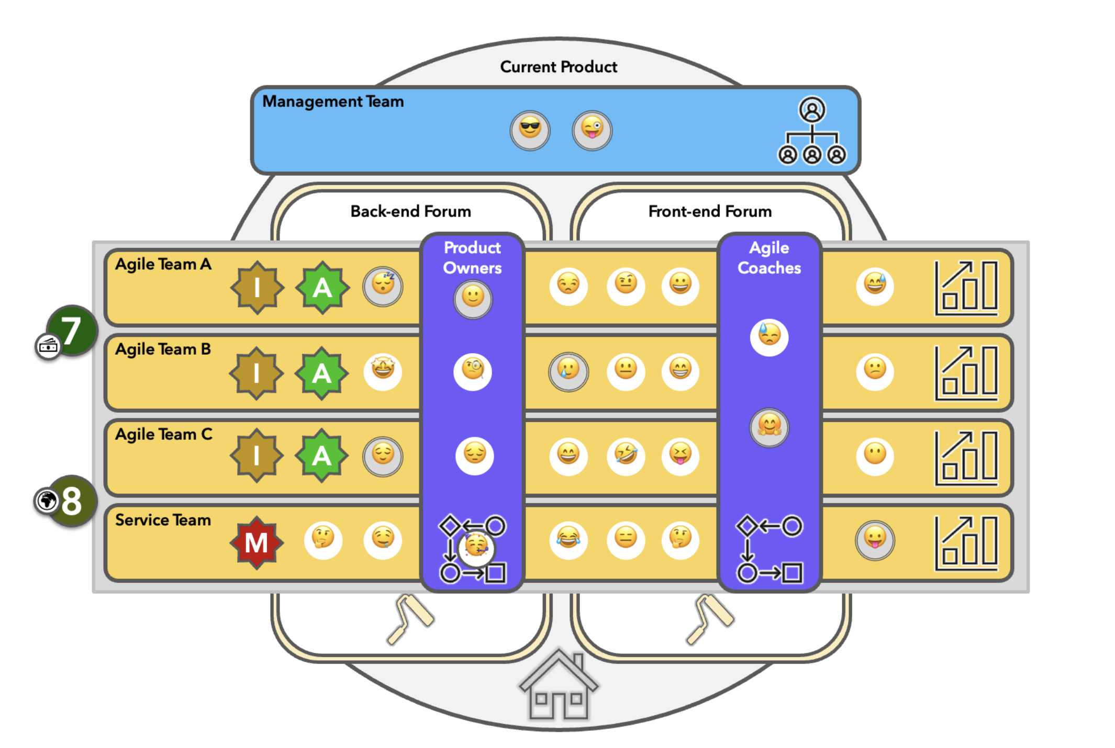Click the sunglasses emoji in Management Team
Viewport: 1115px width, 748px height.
529,130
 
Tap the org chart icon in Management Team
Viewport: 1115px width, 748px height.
811,131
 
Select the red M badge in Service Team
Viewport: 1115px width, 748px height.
257,542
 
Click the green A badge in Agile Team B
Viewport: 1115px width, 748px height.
321,373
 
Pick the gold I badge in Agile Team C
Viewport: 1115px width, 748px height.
257,455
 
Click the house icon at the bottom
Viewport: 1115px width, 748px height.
558,685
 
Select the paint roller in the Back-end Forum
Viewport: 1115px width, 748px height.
410,618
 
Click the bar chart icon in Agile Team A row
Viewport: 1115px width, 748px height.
966,288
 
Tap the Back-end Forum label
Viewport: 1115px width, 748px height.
410,211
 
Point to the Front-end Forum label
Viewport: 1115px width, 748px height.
709,211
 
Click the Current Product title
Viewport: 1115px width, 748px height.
558,67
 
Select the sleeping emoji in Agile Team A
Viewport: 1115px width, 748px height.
383,286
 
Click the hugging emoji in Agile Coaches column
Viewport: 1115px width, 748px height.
768,427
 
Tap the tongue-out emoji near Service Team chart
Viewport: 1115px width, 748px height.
874,539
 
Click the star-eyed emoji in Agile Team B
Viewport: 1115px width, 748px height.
383,370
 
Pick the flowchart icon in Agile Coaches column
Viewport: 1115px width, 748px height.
768,549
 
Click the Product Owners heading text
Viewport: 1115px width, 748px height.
472,257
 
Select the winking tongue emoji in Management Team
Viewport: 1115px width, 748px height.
592,130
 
